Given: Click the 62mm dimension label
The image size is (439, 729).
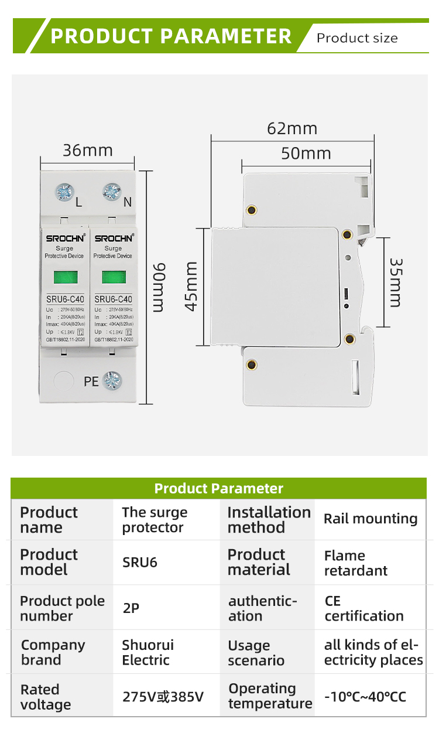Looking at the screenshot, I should click(292, 128).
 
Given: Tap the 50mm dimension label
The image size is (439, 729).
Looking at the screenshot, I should click(306, 154).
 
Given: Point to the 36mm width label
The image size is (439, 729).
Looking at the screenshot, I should click(88, 151).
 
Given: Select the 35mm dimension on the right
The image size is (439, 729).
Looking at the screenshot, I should click(396, 282).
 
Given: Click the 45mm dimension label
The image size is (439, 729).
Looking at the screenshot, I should click(191, 287).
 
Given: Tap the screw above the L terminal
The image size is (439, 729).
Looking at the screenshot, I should click(64, 192).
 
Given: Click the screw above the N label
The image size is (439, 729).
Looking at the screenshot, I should click(111, 192).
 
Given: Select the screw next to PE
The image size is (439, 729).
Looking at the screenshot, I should click(112, 381).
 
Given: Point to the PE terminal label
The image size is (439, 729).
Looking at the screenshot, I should click(91, 382).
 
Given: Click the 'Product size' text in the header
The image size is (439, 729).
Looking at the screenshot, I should click(357, 39).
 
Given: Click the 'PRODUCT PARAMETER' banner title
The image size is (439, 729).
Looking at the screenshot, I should click(171, 36).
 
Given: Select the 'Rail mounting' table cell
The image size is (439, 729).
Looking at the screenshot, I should click(371, 519).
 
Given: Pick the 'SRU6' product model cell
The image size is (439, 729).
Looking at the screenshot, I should click(140, 563).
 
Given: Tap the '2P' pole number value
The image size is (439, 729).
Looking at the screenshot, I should click(131, 608).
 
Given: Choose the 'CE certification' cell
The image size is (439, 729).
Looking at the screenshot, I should click(364, 608).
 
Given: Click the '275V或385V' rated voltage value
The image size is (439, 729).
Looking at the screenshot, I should click(163, 697).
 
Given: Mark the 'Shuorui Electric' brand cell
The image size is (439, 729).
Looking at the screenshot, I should click(148, 652).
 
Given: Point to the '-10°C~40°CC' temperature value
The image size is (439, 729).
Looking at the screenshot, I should click(365, 697).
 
